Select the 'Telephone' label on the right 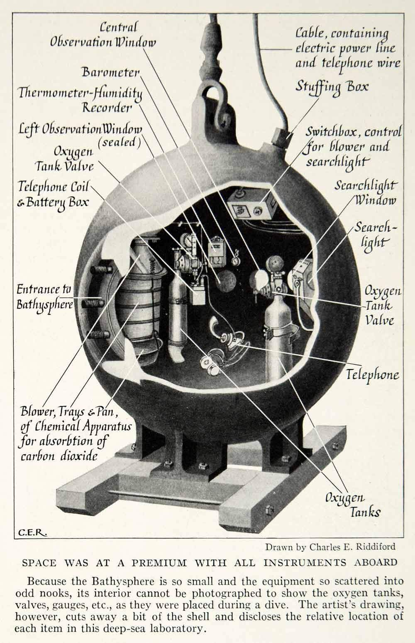click(x=372, y=374)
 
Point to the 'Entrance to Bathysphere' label click(x=44, y=297)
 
